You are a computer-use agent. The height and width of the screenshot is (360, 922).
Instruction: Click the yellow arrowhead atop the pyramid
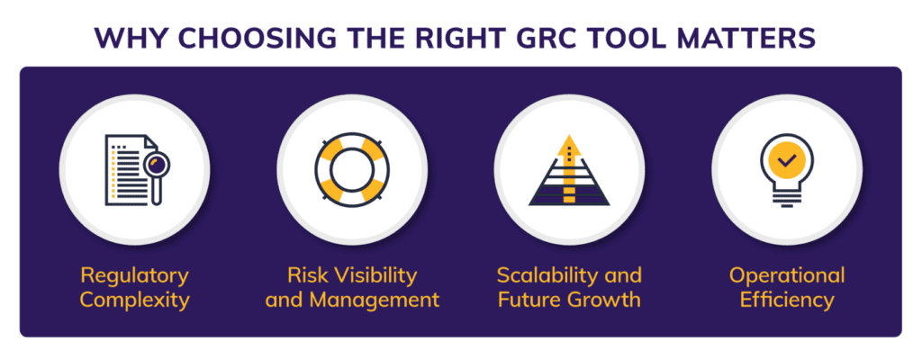(x=567, y=144)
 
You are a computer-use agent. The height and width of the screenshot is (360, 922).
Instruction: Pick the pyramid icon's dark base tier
(x=567, y=195)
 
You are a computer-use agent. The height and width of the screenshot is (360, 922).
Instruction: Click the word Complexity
(x=134, y=299)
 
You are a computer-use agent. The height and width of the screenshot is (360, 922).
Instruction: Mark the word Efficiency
(x=787, y=299)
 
